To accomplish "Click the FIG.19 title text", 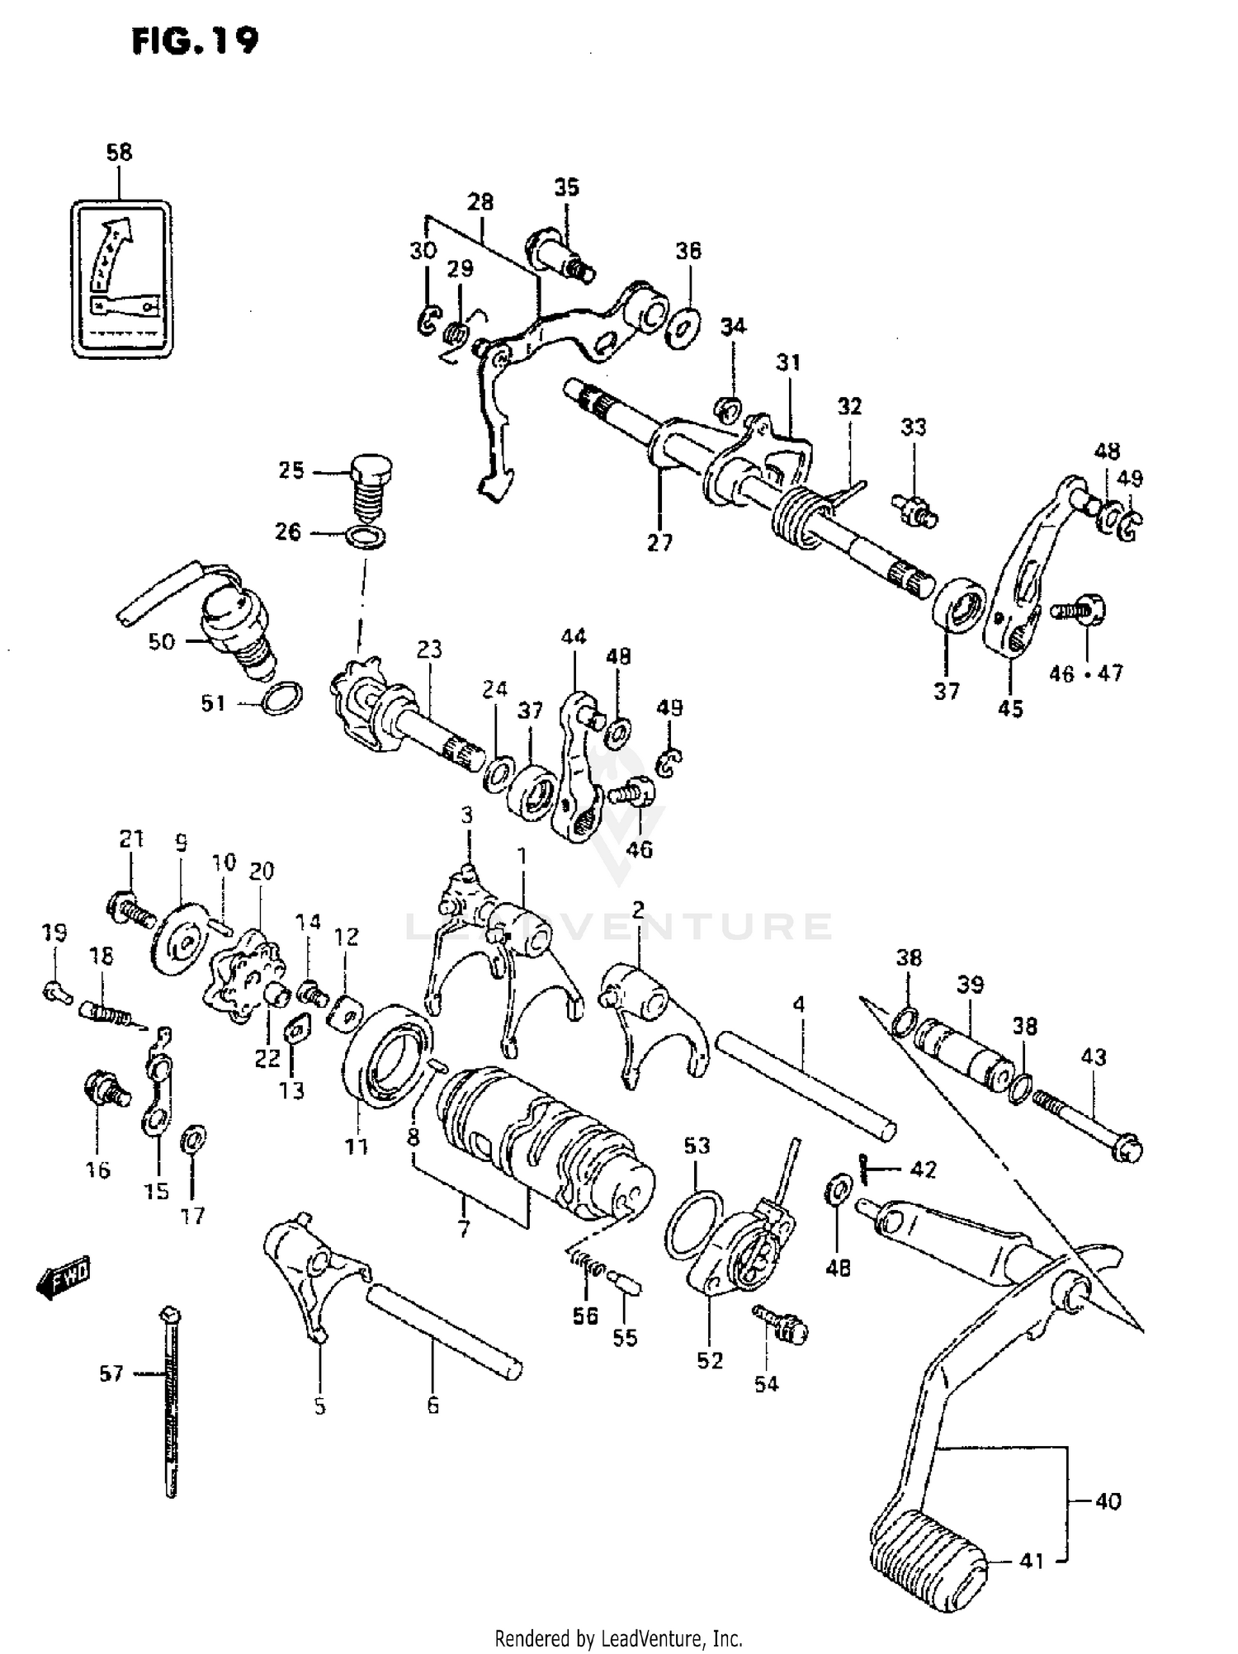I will tap(195, 41).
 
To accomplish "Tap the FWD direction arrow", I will tap(64, 1278).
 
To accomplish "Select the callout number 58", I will tap(119, 153).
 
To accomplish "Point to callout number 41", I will tap(1032, 1561).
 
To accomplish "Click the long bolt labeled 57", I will tap(171, 1403).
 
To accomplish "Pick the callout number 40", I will tap(1108, 1500).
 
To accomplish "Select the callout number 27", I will tap(659, 542).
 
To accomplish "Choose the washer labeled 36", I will tap(684, 328).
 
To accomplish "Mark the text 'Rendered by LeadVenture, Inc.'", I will tap(618, 1637).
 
